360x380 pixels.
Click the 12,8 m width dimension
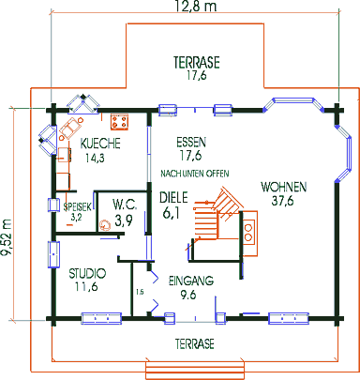[195, 6]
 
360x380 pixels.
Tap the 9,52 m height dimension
[7, 237]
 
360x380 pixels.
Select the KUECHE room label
[100, 144]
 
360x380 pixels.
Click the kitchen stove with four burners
[119, 122]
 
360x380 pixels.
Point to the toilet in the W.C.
[104, 225]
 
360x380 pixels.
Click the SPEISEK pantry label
[78, 206]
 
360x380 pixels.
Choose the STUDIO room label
[87, 273]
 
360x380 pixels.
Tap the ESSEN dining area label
[191, 143]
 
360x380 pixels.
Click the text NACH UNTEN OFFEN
[195, 174]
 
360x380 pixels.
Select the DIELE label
[173, 198]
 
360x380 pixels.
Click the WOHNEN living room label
[284, 187]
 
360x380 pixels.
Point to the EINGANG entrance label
[191, 281]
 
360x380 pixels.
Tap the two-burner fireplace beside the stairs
[249, 234]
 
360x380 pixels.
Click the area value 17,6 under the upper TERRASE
[197, 76]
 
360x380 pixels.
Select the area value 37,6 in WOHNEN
[282, 201]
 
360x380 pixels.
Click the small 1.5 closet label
[140, 293]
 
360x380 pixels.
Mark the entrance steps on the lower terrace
[195, 371]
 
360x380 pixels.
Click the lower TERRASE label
[195, 343]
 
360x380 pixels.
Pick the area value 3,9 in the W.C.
[124, 220]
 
